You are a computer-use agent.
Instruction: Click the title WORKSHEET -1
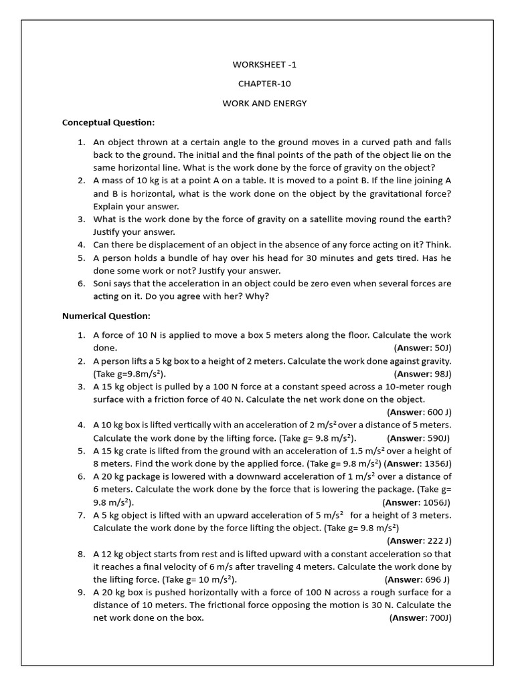coord(264,64)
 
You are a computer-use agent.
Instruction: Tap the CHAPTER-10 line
coord(264,84)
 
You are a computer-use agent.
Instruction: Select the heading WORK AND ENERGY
coord(264,104)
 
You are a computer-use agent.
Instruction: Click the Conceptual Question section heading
coord(108,122)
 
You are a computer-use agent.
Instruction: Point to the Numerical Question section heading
coord(106,316)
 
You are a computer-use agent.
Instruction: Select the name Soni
coord(104,284)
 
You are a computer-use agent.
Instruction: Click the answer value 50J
coord(442,348)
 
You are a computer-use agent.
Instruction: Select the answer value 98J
coord(442,374)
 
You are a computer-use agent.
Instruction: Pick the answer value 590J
coord(438,438)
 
